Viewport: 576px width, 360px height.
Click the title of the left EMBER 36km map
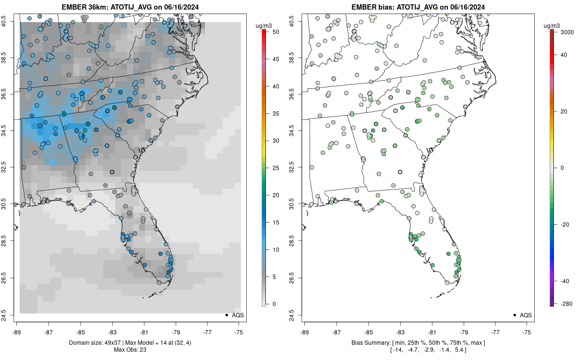click(x=130, y=7)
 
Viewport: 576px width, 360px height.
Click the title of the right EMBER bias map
click(x=418, y=7)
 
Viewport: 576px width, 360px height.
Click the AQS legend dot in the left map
click(x=226, y=315)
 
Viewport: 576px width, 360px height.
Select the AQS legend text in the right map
click(x=526, y=315)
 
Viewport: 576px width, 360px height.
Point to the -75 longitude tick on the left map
click(x=240, y=332)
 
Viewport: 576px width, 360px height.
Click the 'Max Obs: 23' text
click(x=130, y=350)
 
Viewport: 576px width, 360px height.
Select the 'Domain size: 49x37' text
click(x=86, y=342)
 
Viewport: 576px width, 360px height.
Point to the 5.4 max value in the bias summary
click(x=460, y=350)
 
